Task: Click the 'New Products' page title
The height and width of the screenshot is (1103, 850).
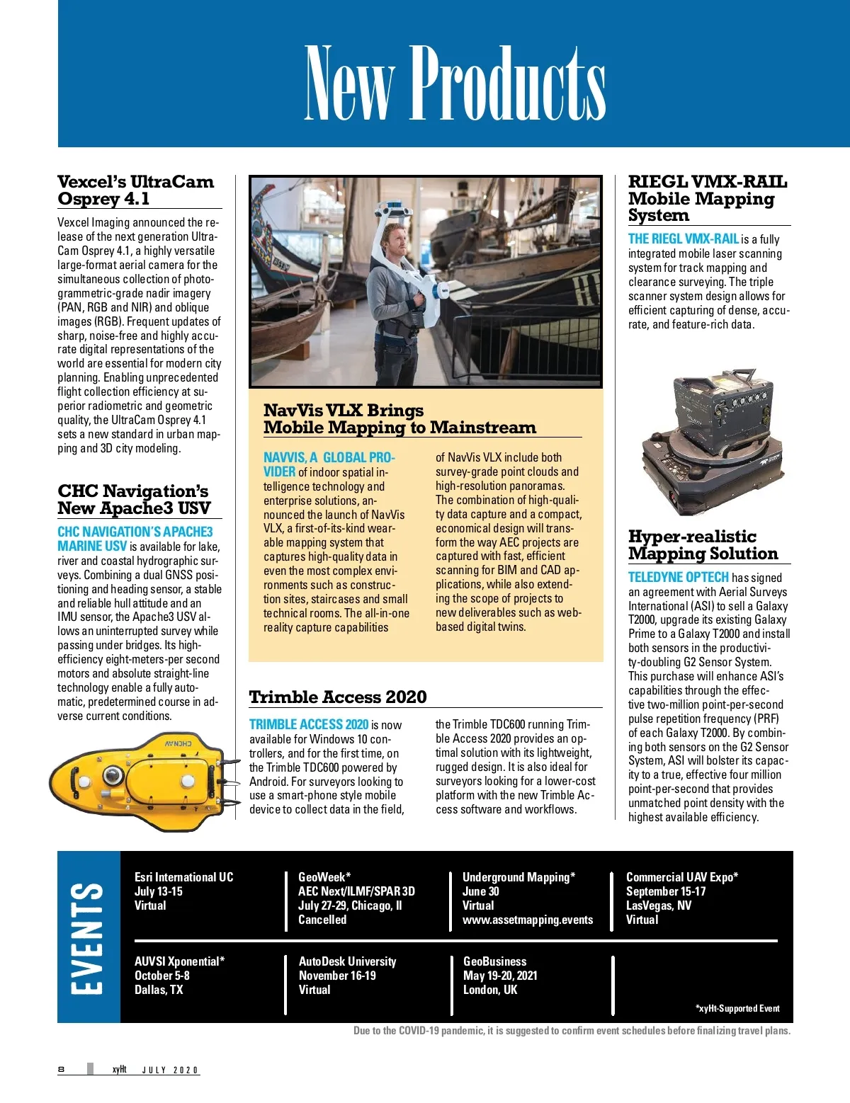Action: click(x=455, y=83)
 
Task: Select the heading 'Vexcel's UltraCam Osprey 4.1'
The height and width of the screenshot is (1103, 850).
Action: click(x=135, y=190)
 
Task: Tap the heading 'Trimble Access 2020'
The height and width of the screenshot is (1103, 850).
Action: click(x=338, y=697)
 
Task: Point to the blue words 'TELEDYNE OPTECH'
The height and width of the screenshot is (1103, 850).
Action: click(x=678, y=578)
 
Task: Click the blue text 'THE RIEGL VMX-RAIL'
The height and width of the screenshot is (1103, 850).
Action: click(x=683, y=239)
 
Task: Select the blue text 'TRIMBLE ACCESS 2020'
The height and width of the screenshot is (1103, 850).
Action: click(x=308, y=724)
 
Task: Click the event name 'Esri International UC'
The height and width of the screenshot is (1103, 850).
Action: click(x=183, y=877)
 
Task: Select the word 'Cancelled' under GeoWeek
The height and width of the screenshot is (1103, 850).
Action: click(x=322, y=920)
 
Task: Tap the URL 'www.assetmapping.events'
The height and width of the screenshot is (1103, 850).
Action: click(x=528, y=920)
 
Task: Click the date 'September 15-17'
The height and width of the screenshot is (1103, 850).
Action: click(x=665, y=891)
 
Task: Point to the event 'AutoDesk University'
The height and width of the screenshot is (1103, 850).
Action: click(x=347, y=961)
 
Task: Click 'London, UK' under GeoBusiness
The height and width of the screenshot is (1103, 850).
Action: click(x=490, y=990)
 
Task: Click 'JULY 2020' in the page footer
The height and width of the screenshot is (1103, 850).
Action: click(x=170, y=1070)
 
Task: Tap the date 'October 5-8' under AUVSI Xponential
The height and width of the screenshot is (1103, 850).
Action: click(x=161, y=976)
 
